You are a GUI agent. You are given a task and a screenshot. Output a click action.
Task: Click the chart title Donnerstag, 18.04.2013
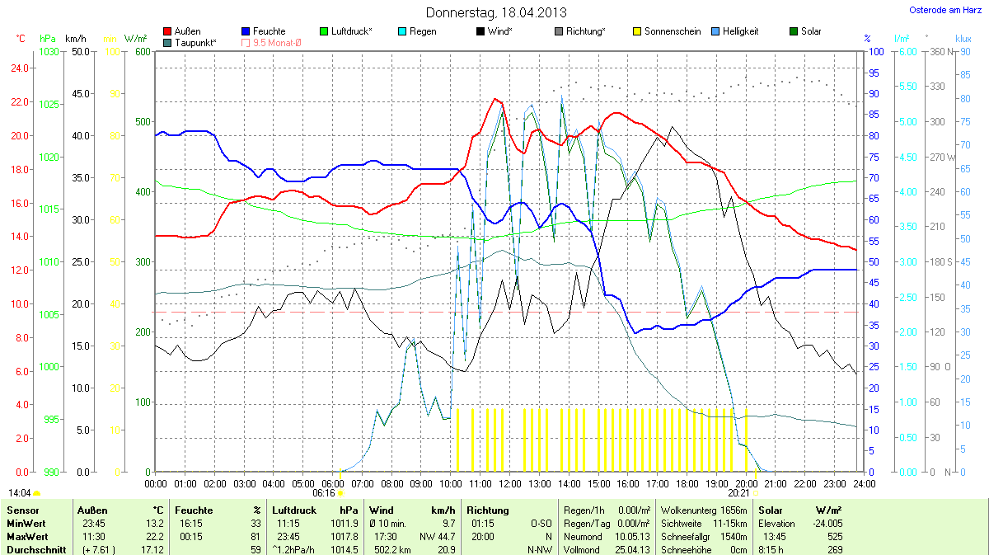tap(496, 12)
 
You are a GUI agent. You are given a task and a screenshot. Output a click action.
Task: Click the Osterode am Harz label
tap(940, 10)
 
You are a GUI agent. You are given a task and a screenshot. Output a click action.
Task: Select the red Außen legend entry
tap(182, 31)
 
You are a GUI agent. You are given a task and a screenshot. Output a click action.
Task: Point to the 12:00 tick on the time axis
tap(510, 482)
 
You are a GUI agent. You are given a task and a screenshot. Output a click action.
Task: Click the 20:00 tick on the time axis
tap(747, 482)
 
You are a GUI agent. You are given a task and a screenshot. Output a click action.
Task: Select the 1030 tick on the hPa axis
tap(49, 52)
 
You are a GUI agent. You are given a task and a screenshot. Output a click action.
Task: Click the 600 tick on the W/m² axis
tap(142, 52)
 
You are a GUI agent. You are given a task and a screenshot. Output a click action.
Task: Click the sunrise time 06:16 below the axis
tap(324, 492)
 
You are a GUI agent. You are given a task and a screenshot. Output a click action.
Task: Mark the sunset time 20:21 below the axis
tap(738, 492)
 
